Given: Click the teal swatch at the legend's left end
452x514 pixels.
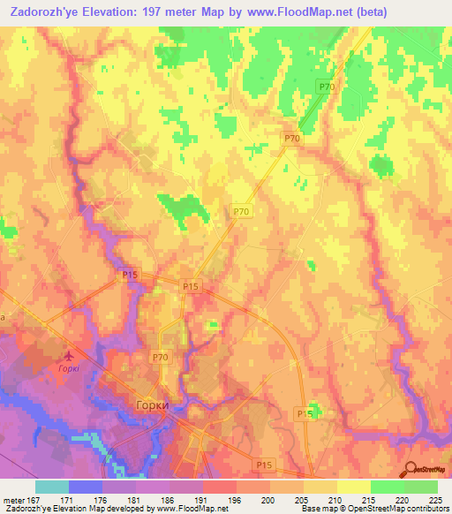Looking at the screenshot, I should tap(51, 487).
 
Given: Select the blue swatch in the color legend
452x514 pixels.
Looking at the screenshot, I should tap(85, 487).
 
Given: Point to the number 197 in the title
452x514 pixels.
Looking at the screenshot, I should tap(162, 13).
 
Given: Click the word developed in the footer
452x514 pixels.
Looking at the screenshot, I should tap(117, 509).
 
